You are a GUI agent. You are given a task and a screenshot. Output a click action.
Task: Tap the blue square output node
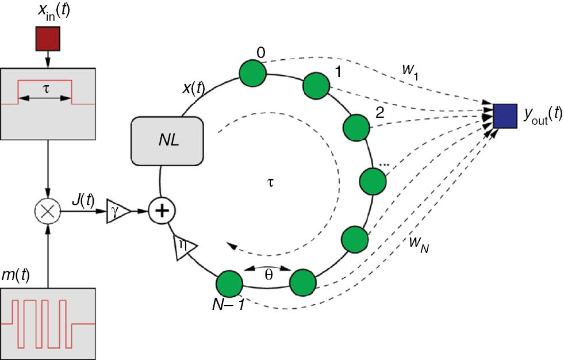click(x=505, y=114)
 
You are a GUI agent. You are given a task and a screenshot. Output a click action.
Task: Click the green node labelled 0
click(x=252, y=74)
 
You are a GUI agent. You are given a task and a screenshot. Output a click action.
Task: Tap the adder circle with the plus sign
click(x=162, y=211)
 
